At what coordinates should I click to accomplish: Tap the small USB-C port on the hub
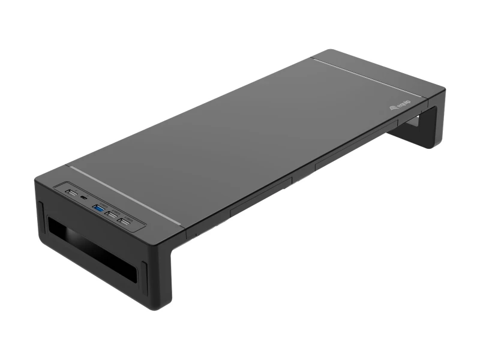82,198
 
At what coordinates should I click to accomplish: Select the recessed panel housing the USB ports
99,208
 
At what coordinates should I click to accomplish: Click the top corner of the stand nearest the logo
443,91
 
